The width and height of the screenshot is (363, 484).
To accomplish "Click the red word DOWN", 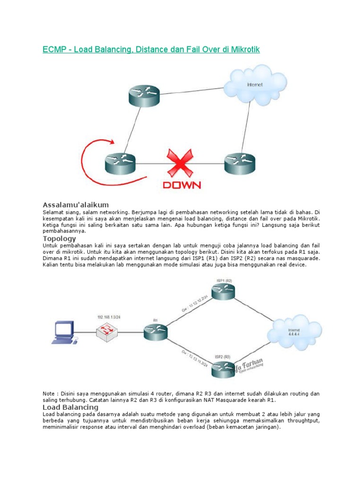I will click(181, 185).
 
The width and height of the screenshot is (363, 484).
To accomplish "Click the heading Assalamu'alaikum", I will click(76, 205).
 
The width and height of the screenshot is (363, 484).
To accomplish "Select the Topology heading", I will click(59, 239).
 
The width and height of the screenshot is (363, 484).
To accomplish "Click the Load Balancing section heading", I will click(70, 407).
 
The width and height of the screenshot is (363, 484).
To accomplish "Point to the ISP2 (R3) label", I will click(223, 356).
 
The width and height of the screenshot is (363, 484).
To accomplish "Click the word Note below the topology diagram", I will click(50, 393).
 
